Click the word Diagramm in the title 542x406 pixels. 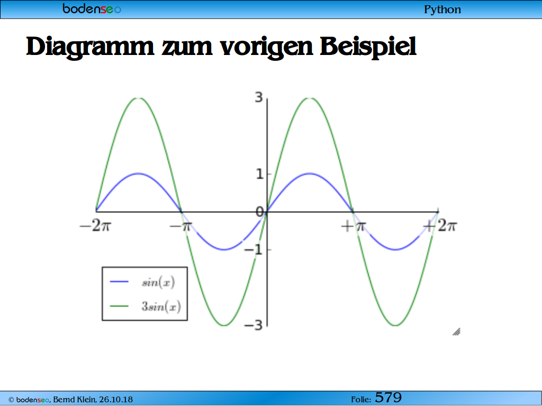(x=90, y=47)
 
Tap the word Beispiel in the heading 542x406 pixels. (x=368, y=47)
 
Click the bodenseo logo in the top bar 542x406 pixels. (x=92, y=8)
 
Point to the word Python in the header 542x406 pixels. (x=442, y=10)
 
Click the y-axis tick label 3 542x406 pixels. (x=259, y=97)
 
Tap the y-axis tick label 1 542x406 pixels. (x=259, y=174)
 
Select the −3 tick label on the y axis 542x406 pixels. (x=254, y=325)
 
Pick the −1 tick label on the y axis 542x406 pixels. (x=254, y=250)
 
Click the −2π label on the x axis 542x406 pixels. (x=95, y=226)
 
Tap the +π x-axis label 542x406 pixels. (x=353, y=226)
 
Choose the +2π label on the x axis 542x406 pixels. (x=440, y=226)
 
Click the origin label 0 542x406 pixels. (x=259, y=211)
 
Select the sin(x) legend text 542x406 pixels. (x=158, y=282)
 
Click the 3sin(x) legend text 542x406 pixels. (x=161, y=306)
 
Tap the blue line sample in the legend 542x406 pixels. (x=119, y=282)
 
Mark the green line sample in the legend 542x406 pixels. (x=119, y=306)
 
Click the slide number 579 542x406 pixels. (x=388, y=398)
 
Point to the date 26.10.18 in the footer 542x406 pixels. (x=116, y=400)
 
